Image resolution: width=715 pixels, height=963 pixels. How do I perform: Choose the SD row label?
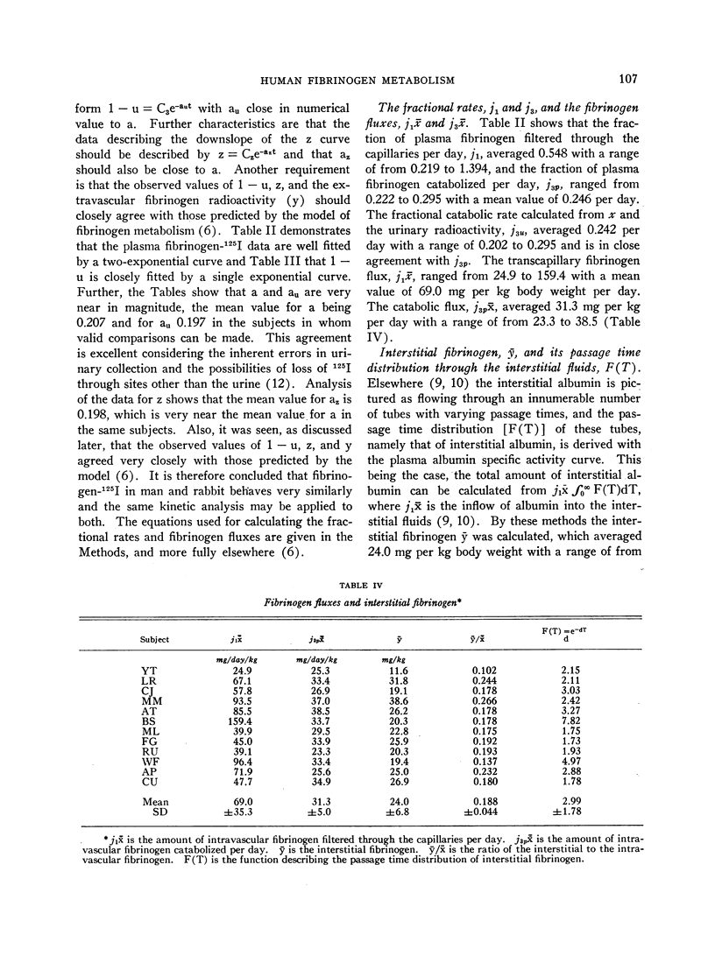tap(156, 812)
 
